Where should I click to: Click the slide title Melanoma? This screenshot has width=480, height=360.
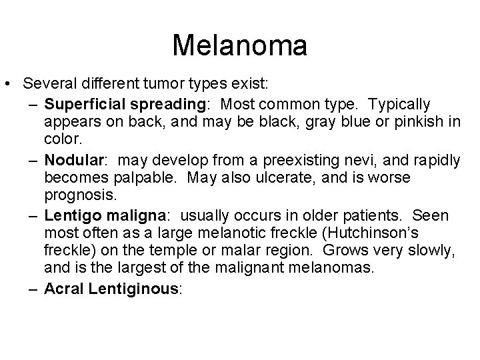[240, 46]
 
